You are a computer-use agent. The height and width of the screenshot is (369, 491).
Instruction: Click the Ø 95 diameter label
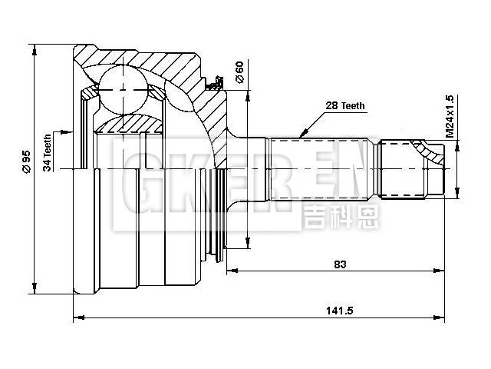[x=26, y=162]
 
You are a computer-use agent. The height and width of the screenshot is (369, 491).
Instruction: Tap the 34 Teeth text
[x=48, y=152]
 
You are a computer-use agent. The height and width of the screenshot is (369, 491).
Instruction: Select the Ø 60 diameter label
[x=239, y=72]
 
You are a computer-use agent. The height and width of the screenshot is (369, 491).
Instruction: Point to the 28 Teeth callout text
[x=344, y=106]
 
